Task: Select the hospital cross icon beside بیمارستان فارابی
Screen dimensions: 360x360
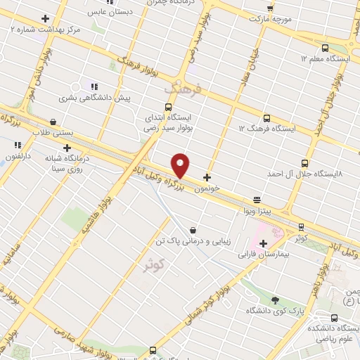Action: tap(263, 243)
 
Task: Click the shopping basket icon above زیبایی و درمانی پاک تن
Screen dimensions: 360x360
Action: tap(193, 230)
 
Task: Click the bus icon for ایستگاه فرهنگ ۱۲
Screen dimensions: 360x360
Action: tap(266, 118)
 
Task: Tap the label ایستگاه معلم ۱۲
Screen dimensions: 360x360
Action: tap(326, 59)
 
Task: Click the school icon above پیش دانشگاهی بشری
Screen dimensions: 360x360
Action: tap(94, 86)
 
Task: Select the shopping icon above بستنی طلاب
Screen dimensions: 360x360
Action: tap(54, 122)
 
